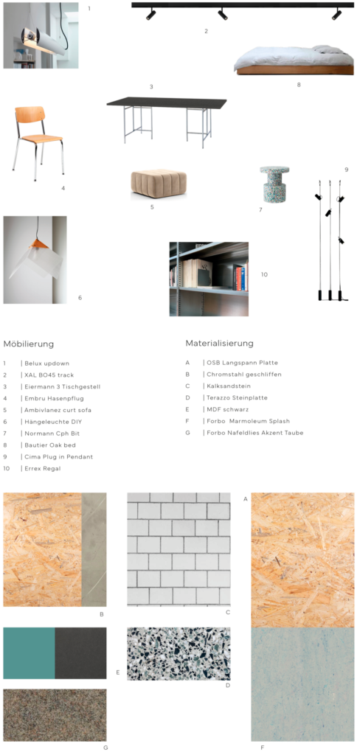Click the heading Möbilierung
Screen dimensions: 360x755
pyautogui.click(x=29, y=344)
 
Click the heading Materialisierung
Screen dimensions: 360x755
pyautogui.click(x=219, y=344)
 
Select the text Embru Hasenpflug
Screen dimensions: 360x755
pyautogui.click(x=51, y=398)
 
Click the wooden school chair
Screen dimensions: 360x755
pyautogui.click(x=38, y=143)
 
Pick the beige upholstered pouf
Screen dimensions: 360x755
pyautogui.click(x=159, y=184)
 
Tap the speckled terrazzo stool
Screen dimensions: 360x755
pyautogui.click(x=274, y=184)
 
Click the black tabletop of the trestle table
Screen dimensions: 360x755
pyautogui.click(x=167, y=102)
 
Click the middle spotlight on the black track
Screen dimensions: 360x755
pyautogui.click(x=222, y=15)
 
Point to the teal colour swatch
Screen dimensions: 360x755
pyautogui.click(x=29, y=653)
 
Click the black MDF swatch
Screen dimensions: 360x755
pyautogui.click(x=80, y=653)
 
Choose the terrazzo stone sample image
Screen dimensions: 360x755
pyautogui.click(x=179, y=654)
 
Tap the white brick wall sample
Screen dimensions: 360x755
pyautogui.click(x=179, y=549)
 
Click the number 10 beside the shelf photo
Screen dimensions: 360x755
pyautogui.click(x=264, y=274)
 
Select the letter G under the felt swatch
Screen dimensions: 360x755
pyautogui.click(x=105, y=748)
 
